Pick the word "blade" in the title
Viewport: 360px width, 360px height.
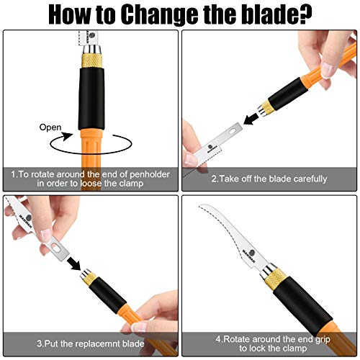[272, 14]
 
